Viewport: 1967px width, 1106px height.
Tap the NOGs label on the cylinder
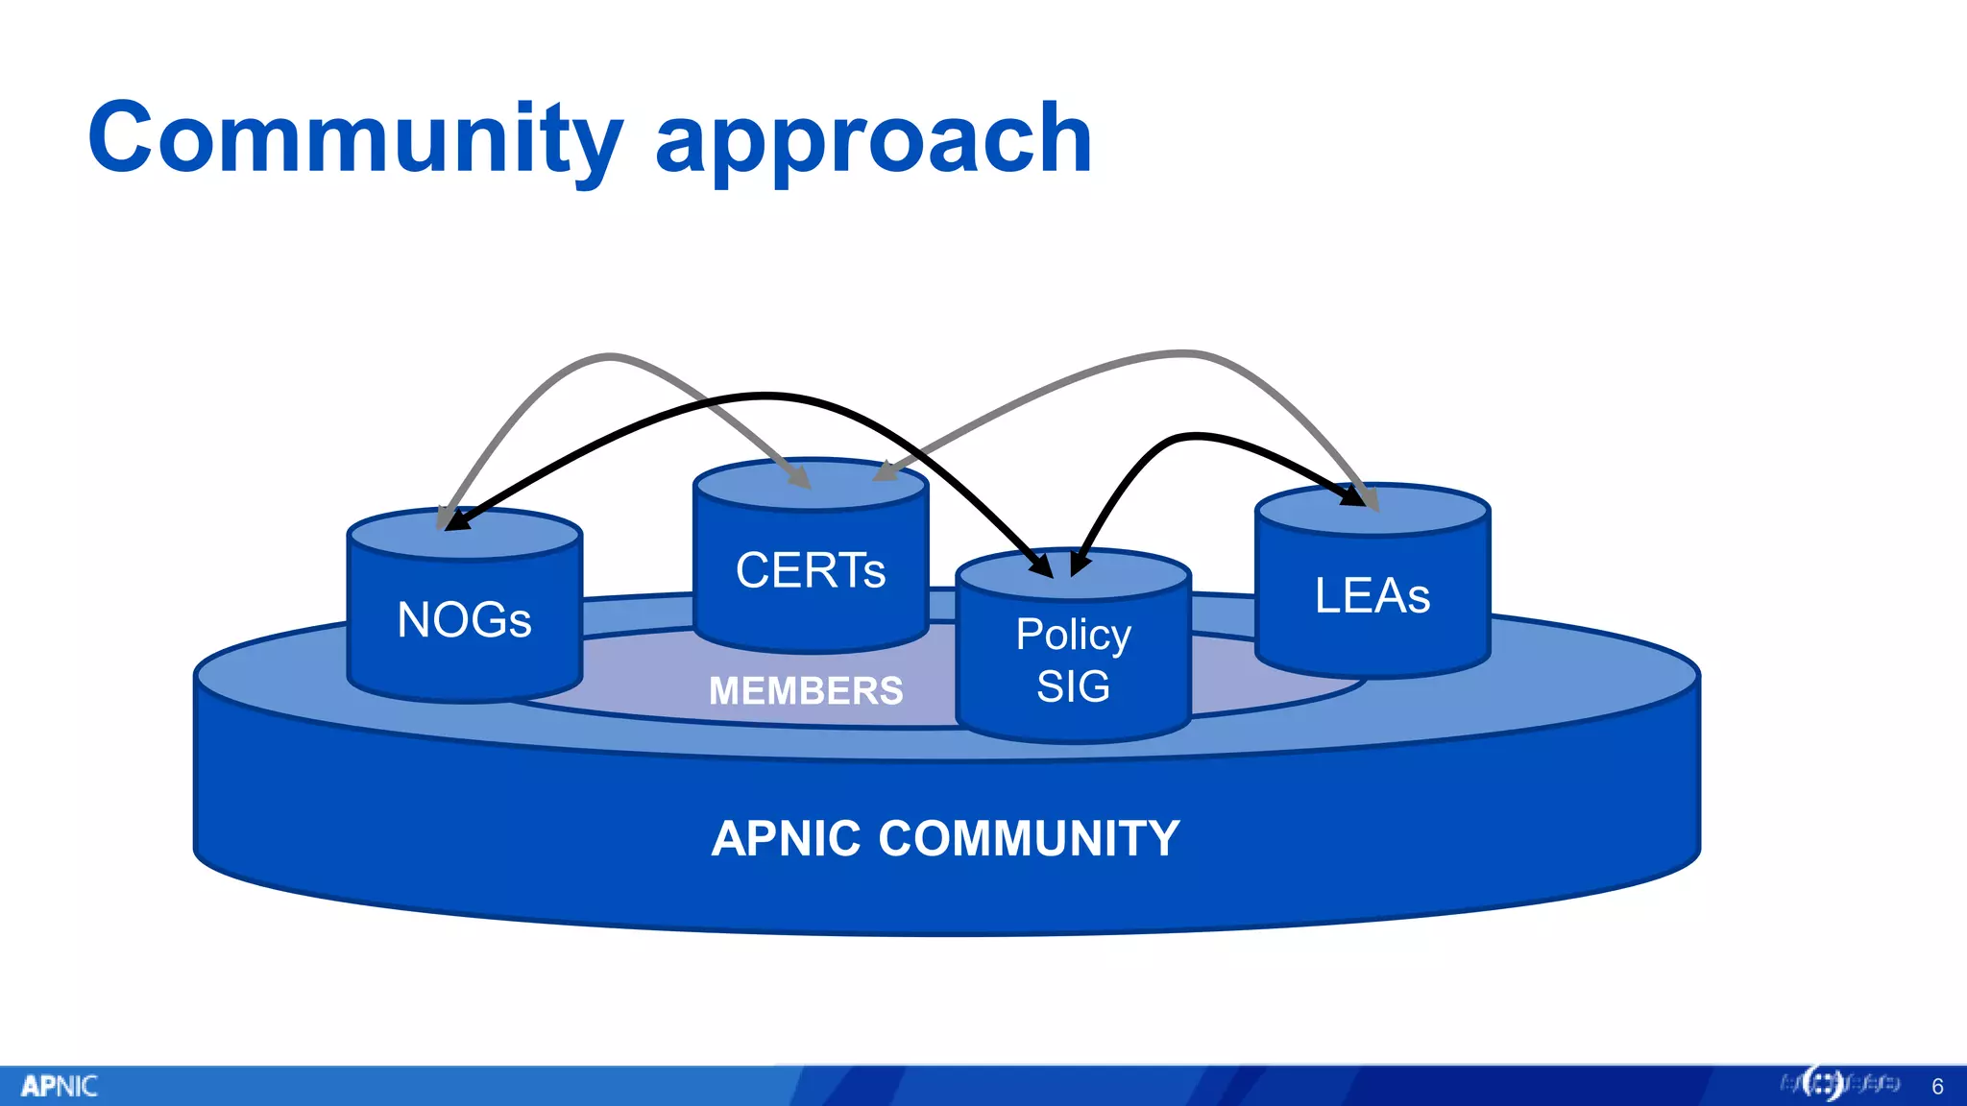(x=464, y=620)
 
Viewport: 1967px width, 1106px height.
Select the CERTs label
(x=810, y=570)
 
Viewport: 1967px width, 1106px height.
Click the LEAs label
(x=1372, y=595)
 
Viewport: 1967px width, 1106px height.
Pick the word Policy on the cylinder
(x=1073, y=635)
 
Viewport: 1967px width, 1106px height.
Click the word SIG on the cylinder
(x=1073, y=686)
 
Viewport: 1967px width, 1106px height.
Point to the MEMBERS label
(x=805, y=690)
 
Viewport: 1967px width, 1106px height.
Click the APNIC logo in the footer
(x=59, y=1086)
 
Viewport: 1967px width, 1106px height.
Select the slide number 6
(x=1937, y=1086)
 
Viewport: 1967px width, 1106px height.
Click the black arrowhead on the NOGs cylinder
(x=456, y=520)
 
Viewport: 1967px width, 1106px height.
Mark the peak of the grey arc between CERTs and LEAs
(x=1186, y=353)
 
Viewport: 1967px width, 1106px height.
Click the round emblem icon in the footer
(x=1822, y=1084)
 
